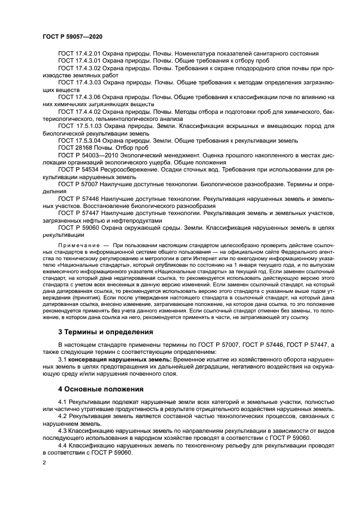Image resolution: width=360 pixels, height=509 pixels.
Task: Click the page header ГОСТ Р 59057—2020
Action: click(72, 35)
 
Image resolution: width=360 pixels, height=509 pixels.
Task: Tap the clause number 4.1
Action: click(62, 402)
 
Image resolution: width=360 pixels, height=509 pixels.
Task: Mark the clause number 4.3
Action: click(62, 431)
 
